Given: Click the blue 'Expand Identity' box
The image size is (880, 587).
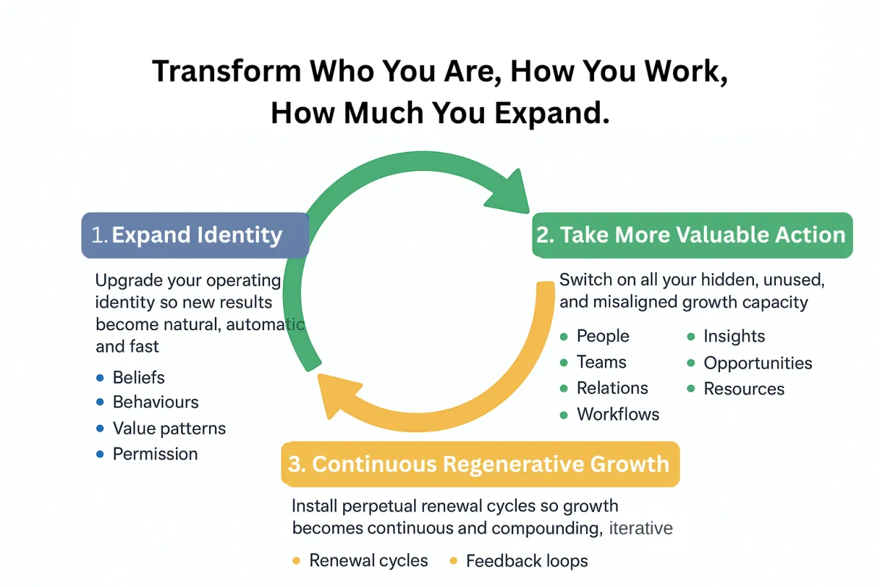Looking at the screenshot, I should pyautogui.click(x=195, y=236).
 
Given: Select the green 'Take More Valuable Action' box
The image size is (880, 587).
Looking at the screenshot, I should pyautogui.click(x=692, y=236).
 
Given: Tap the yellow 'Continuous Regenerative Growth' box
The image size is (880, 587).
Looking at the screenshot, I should pyautogui.click(x=480, y=464).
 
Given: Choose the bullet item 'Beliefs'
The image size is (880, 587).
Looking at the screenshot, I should pyautogui.click(x=139, y=378).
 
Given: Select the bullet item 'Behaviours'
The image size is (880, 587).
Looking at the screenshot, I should pyautogui.click(x=155, y=402).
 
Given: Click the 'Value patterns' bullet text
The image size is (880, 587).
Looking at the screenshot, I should pyautogui.click(x=169, y=429).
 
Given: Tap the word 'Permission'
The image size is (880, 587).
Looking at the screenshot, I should pyautogui.click(x=155, y=454).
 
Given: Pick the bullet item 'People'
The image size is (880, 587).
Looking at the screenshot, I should pyautogui.click(x=603, y=336).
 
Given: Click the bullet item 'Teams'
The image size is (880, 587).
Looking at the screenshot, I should pyautogui.click(x=601, y=362).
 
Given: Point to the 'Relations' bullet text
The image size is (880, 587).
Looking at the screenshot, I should pyautogui.click(x=612, y=388).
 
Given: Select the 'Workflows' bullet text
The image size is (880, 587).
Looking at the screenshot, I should pyautogui.click(x=618, y=415).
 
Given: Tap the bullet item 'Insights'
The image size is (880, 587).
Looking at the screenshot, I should pyautogui.click(x=734, y=336).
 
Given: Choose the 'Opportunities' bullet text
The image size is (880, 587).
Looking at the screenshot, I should pyautogui.click(x=758, y=363).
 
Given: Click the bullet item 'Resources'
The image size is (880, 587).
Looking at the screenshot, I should pyautogui.click(x=744, y=389).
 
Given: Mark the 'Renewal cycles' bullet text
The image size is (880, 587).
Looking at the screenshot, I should pyautogui.click(x=368, y=561).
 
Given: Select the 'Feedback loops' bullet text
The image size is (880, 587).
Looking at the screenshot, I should pyautogui.click(x=527, y=561).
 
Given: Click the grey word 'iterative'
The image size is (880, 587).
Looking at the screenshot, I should pyautogui.click(x=641, y=528).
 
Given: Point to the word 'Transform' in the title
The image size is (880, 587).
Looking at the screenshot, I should pyautogui.click(x=226, y=71).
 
